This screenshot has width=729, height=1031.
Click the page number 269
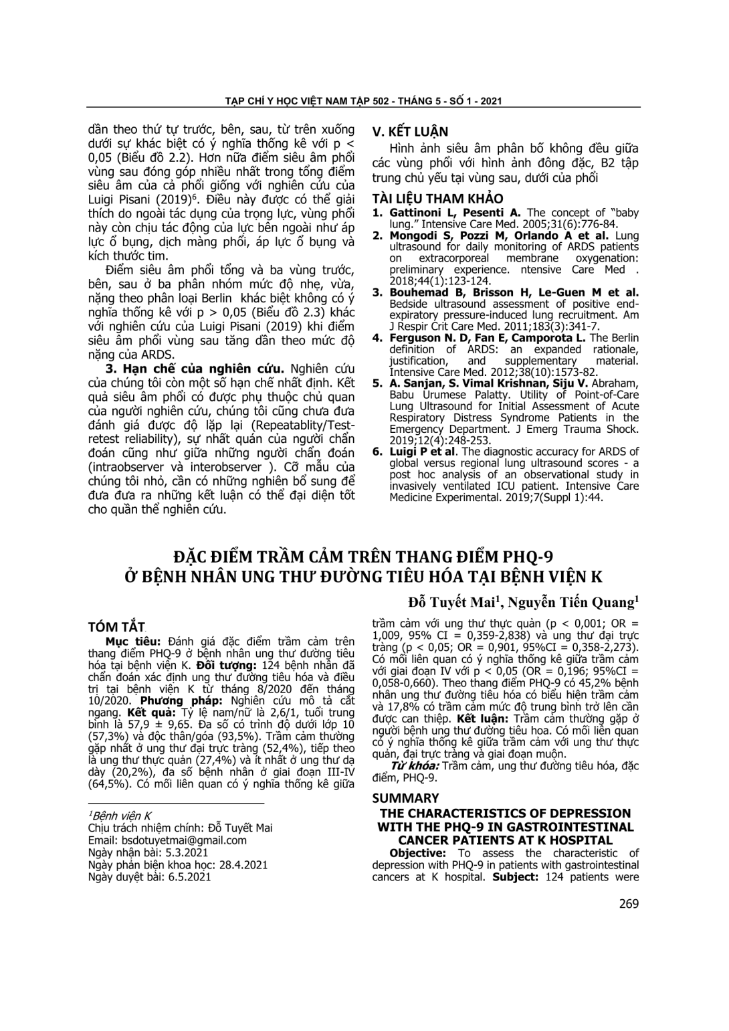629,903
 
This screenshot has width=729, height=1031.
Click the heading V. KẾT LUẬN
410,132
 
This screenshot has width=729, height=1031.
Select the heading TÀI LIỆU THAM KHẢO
437,199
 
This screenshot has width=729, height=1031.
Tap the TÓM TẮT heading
116,627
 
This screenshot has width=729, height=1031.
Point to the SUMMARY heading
405,798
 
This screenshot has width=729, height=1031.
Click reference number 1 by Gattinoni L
377,213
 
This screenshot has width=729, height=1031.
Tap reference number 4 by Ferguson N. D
377,338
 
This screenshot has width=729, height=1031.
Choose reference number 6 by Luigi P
377,452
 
